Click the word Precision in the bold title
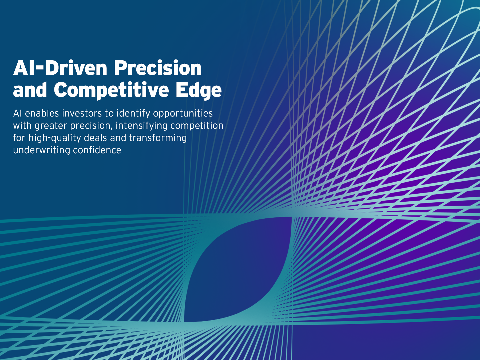click(x=158, y=68)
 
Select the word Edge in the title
click(x=199, y=90)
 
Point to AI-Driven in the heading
click(x=60, y=68)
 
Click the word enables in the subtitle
click(x=42, y=113)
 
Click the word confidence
click(x=97, y=150)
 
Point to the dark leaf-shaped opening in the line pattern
click(x=237, y=269)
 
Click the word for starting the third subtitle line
click(x=19, y=138)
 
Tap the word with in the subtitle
click(x=22, y=126)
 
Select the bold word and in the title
click(x=30, y=90)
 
